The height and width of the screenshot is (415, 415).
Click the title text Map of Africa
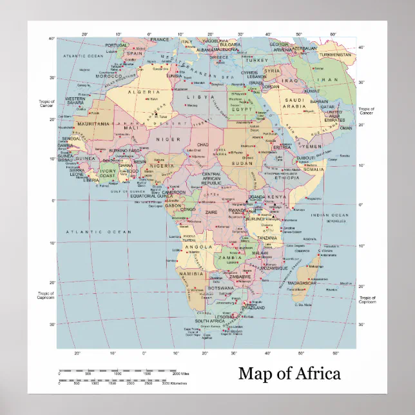289,373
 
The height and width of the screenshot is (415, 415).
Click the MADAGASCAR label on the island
302,283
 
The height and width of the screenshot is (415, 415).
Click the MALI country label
131,128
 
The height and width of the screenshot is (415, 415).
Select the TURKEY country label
256,60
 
